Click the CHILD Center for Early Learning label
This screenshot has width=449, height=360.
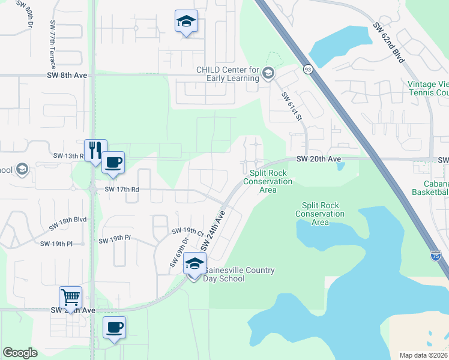(228, 74)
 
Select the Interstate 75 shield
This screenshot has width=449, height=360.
(435, 256)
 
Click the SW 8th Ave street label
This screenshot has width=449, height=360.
(71, 75)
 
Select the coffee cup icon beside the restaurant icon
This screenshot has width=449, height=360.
(113, 161)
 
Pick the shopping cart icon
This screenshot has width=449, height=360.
(70, 297)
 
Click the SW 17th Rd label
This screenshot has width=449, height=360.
(122, 189)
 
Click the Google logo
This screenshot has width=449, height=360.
(20, 353)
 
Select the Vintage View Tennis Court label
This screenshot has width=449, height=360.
(427, 88)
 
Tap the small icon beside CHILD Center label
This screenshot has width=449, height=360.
(268, 74)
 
